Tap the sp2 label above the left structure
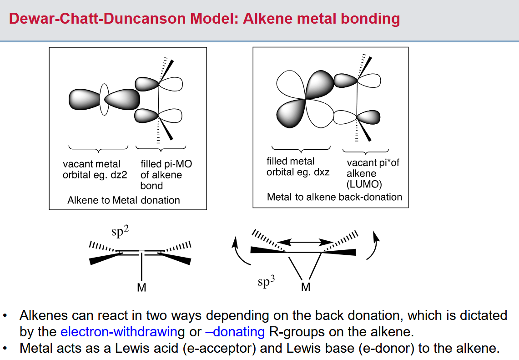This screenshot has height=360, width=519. pyautogui.click(x=120, y=231)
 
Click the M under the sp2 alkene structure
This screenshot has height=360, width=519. pyautogui.click(x=141, y=288)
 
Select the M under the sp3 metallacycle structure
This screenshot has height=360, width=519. pyautogui.click(x=306, y=287)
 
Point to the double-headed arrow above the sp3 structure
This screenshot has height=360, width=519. pyautogui.click(x=305, y=242)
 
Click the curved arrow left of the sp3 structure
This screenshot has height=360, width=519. pyautogui.click(x=241, y=251)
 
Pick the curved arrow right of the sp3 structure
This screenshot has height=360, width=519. pyautogui.click(x=373, y=245)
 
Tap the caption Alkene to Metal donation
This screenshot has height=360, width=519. pyautogui.click(x=123, y=200)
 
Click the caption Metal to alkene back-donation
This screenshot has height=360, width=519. pyautogui.click(x=334, y=197)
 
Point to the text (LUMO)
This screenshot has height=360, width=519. pyautogui.click(x=364, y=184)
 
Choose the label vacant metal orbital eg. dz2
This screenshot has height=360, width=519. pyautogui.click(x=95, y=169)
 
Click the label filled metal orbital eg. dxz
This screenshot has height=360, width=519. pyautogui.click(x=298, y=167)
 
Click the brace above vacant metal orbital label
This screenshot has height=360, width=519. pyautogui.click(x=98, y=148)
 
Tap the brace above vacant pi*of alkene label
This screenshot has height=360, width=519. pyautogui.click(x=365, y=152)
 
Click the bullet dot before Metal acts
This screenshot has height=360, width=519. pyautogui.click(x=5, y=349)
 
